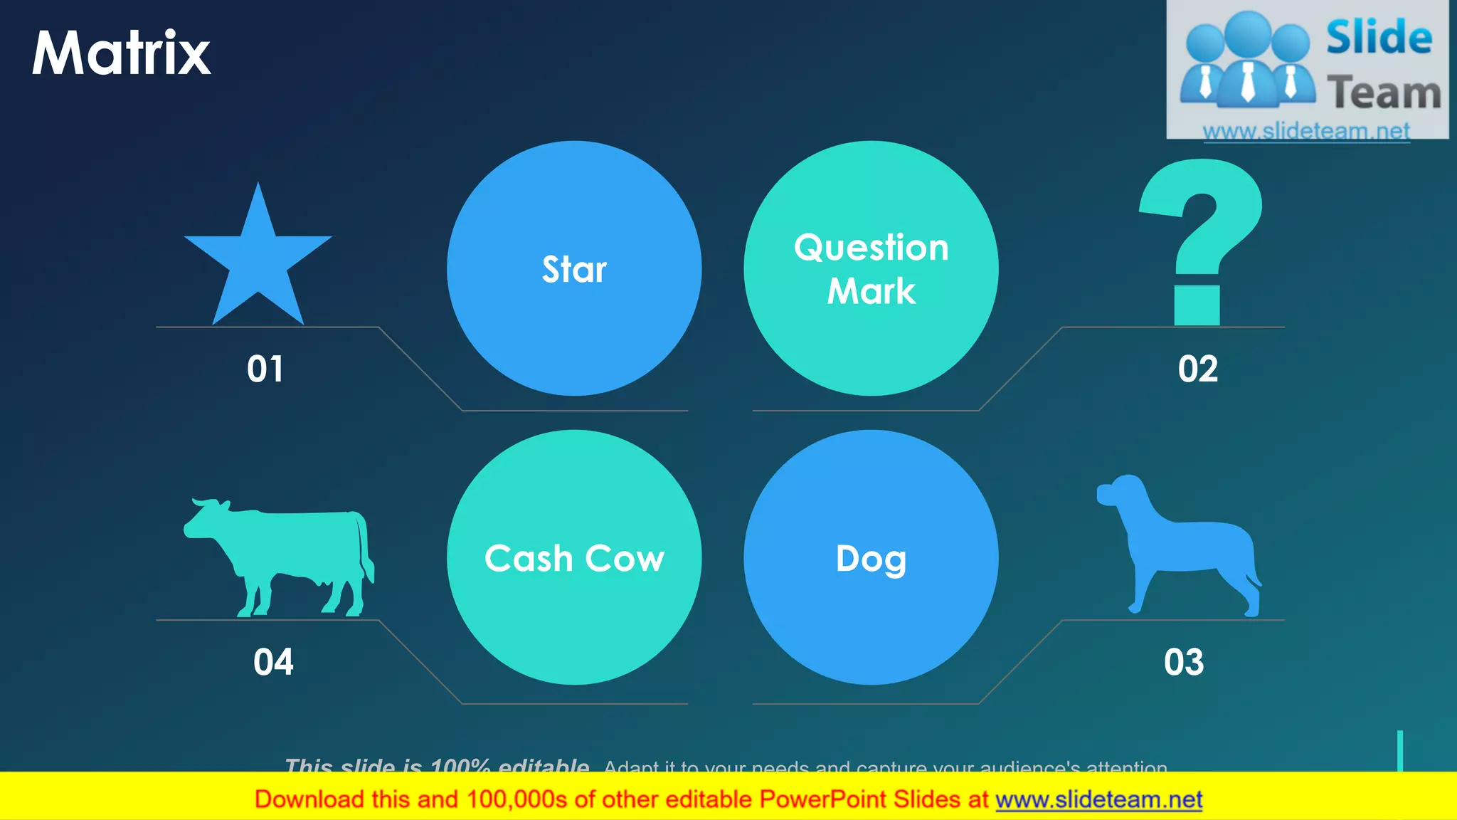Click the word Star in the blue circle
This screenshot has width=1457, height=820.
click(x=574, y=270)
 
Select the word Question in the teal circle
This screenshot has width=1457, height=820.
click(x=871, y=248)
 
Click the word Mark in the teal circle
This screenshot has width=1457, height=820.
click(x=871, y=291)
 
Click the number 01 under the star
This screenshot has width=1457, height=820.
click(x=265, y=369)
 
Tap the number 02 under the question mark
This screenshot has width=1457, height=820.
click(x=1198, y=369)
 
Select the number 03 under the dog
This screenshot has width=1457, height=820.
click(x=1184, y=662)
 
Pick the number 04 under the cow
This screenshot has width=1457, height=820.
click(x=273, y=662)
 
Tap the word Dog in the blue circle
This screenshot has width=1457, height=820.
click(x=871, y=559)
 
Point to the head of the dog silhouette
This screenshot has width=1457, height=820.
click(x=1120, y=491)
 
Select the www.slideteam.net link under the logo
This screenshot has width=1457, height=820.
click(x=1306, y=132)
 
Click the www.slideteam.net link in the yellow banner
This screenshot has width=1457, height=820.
click(x=1098, y=799)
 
